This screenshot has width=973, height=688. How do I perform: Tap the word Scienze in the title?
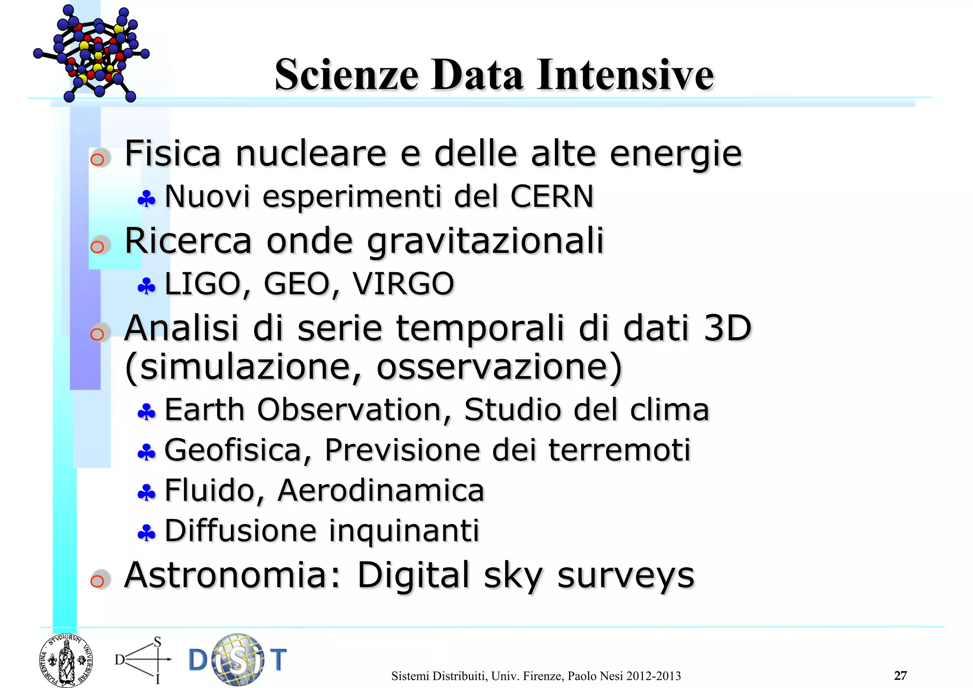pos(346,75)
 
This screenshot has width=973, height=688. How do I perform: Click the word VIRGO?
pos(403,284)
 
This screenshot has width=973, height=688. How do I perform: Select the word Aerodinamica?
pos(381,490)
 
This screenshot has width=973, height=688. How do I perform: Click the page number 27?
pos(900,675)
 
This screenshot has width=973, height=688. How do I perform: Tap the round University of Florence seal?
pos(66,661)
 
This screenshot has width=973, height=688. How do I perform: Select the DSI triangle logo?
pos(143,659)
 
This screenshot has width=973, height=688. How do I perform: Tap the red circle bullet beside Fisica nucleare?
pos(98,159)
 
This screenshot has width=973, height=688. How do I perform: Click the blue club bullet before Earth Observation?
pos(146,412)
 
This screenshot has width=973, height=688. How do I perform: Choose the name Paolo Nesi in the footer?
pos(596,676)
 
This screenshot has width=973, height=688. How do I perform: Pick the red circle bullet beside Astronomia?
pos(98,581)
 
